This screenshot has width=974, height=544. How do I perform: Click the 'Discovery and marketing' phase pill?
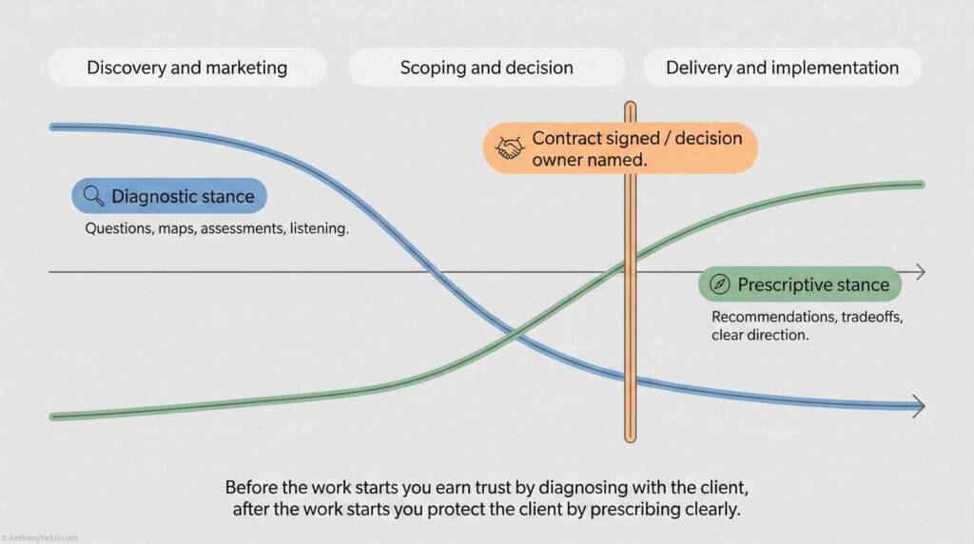click(186, 68)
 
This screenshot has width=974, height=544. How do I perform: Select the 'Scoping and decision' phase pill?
click(486, 68)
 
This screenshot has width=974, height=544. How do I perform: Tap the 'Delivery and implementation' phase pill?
click(782, 68)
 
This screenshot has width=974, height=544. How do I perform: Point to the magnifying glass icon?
click(93, 197)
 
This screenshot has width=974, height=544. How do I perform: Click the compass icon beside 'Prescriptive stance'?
click(720, 284)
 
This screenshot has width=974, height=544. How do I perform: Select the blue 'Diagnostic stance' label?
click(169, 197)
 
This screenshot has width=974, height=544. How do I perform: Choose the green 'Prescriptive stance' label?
click(800, 284)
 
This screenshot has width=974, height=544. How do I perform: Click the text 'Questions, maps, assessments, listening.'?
click(218, 229)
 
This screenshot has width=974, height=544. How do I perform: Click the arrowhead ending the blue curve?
click(918, 406)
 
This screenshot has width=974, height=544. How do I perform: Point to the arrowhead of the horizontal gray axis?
click(919, 273)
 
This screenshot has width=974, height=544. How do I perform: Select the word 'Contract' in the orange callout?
click(567, 139)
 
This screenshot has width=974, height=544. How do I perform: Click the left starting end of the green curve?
click(53, 416)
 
